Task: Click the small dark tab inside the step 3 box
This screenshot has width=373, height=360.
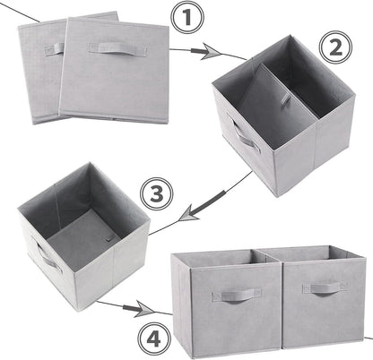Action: pyautogui.click(x=105, y=239)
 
